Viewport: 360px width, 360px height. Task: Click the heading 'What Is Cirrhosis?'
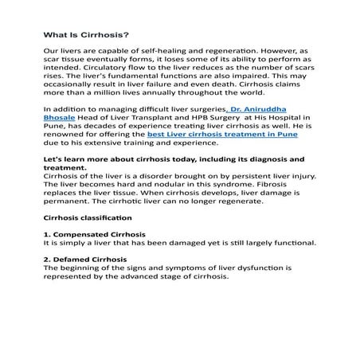pos(83,35)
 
